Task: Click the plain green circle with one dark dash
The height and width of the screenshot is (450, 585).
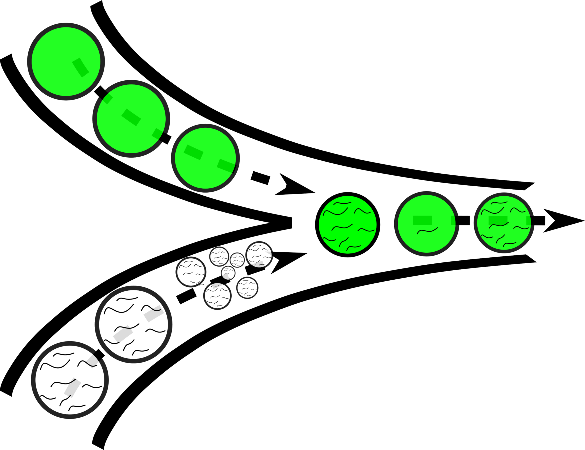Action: [x=66, y=62]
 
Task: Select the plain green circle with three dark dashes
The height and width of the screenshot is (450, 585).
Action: [x=131, y=119]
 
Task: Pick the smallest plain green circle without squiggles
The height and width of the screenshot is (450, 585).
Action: [x=205, y=158]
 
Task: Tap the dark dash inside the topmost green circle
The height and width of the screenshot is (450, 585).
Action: [x=81, y=67]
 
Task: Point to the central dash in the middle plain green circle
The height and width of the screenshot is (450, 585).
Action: [x=131, y=117]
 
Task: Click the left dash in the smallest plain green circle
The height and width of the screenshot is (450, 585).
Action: [x=194, y=152]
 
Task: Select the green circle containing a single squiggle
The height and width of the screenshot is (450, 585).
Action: [x=427, y=224]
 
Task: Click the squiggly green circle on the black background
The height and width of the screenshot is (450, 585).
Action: [x=504, y=223]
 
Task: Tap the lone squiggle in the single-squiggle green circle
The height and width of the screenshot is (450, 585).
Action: [x=427, y=231]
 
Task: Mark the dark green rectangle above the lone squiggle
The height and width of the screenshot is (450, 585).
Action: [x=422, y=220]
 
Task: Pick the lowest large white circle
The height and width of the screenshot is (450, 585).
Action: [x=70, y=380]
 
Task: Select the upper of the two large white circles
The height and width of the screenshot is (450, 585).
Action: [x=133, y=324]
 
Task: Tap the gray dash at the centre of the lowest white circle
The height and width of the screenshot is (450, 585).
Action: [x=72, y=388]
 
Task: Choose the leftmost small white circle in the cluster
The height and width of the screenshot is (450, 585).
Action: [x=191, y=272]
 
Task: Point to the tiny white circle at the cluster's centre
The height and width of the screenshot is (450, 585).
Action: [x=228, y=273]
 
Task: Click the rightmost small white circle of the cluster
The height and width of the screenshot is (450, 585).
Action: [x=259, y=255]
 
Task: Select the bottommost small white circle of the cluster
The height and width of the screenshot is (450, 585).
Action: [x=217, y=296]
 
